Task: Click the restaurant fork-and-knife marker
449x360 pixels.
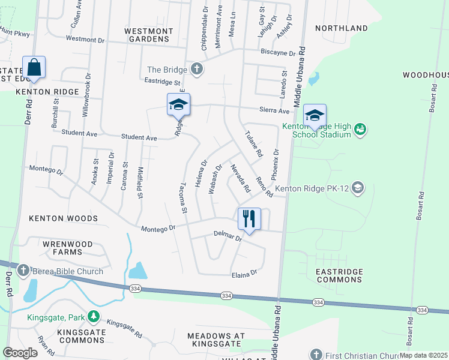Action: [x=249, y=218]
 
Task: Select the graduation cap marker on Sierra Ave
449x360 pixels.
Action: [x=178, y=105]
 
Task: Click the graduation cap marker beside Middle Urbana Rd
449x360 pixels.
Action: [x=314, y=115]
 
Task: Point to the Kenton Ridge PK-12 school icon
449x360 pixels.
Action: [x=358, y=188]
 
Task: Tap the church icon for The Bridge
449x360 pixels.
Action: [x=196, y=69]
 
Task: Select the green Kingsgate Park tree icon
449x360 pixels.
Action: [x=93, y=315]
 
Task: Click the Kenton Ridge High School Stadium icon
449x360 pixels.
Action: [x=360, y=129]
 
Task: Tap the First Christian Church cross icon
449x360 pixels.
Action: [x=316, y=355]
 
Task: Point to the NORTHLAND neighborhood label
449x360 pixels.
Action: [x=341, y=28]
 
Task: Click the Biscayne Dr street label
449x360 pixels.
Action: [x=278, y=53]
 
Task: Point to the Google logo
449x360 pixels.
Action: [x=20, y=353]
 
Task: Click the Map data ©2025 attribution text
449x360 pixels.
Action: [x=423, y=355]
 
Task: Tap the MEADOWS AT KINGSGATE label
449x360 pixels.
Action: [x=217, y=340]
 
